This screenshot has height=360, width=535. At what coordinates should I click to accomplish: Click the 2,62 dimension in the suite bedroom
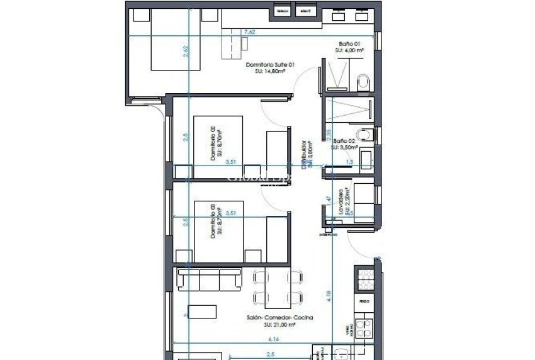[186, 53]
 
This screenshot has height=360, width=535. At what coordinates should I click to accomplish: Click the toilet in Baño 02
[364, 133]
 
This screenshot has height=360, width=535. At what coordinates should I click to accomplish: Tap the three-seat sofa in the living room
[210, 278]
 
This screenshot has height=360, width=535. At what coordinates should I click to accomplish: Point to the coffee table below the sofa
[203, 311]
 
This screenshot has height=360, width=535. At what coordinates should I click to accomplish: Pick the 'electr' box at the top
[305, 9]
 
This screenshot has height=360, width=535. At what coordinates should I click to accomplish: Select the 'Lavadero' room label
[341, 203]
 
